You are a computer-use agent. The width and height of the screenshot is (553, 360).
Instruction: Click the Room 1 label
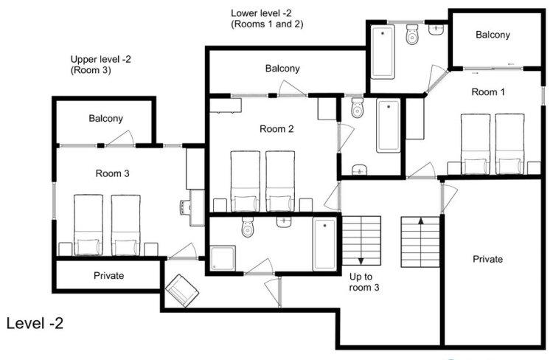coord(488,92)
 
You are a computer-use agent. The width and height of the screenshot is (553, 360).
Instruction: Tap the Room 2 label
coord(276,129)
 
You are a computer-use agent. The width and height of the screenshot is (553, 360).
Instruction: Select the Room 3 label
coord(113,173)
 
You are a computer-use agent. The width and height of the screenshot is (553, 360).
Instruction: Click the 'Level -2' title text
coord(35,323)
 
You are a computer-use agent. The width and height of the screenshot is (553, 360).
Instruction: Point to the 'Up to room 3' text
coord(364,282)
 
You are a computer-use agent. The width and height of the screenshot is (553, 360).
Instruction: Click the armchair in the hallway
coord(182,291)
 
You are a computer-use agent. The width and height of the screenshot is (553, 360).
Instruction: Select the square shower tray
coord(223,258)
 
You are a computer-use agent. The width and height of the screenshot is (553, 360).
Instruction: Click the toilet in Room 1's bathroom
coord(412,34)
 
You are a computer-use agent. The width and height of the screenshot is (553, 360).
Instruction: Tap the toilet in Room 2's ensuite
coord(358,108)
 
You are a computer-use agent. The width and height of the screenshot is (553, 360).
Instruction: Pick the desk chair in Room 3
coord(185,207)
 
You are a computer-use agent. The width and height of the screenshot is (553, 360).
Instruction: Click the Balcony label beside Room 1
coord(493,35)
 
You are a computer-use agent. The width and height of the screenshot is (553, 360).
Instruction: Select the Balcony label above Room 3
coord(105,118)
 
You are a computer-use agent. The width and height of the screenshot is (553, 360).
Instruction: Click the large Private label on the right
coord(488,259)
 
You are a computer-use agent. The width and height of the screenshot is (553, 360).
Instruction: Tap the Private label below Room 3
coord(108,275)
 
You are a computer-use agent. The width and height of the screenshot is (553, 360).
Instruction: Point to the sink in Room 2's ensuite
coord(359,170)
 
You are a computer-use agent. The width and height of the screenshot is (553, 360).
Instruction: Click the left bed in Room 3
coord(88,225)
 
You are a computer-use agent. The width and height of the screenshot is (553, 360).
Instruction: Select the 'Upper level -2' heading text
coord(100,59)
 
